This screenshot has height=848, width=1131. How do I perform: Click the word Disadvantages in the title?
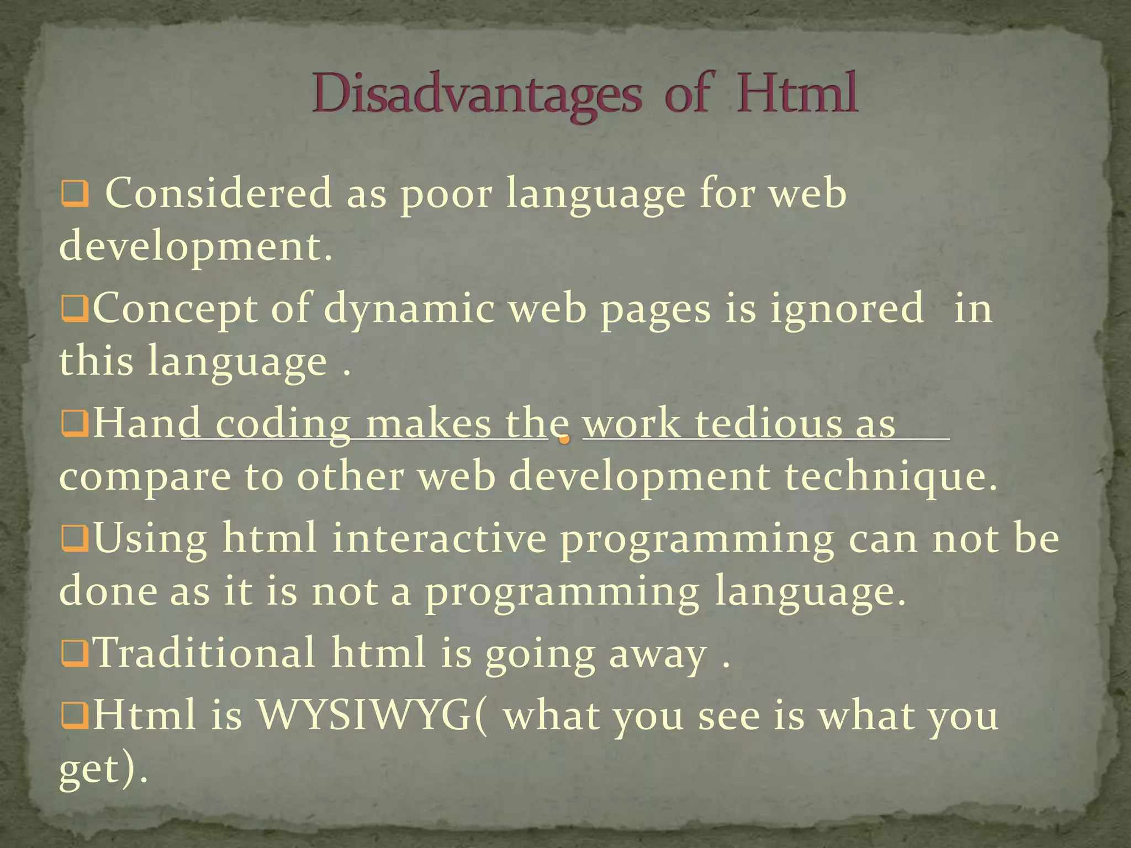[x=477, y=95]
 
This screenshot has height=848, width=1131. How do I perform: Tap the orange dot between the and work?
[x=564, y=439]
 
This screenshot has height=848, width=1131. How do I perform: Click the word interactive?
[x=439, y=538]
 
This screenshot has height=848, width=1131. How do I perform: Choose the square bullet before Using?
[x=75, y=538]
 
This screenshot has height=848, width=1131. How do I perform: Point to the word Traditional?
[x=205, y=653]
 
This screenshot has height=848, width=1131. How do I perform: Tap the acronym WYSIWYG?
[x=364, y=714]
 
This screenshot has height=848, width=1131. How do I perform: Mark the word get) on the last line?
[x=103, y=768]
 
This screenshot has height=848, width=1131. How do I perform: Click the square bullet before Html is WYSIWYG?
[x=75, y=716]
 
